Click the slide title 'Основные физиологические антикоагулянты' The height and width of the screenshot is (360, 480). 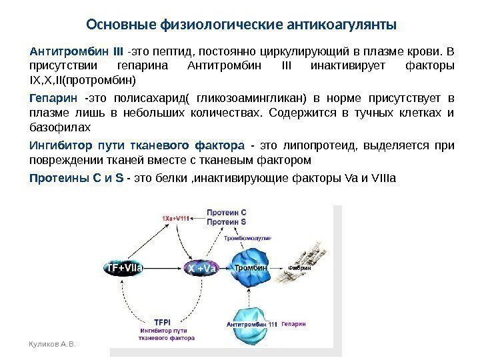coord(241,25)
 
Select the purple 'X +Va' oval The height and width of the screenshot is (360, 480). coord(201,268)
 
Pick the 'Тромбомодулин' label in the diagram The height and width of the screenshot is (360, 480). coord(247,237)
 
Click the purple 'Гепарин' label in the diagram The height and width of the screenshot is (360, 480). coord(293,323)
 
